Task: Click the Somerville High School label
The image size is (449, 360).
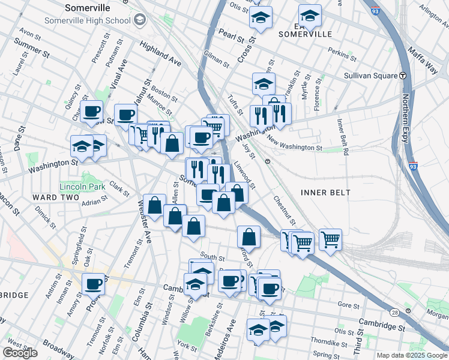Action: point(87,20)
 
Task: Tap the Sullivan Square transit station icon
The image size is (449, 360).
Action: point(403,76)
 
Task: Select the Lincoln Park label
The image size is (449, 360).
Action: point(82,187)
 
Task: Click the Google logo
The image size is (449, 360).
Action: point(20,353)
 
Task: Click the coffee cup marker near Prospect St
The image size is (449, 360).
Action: point(93,284)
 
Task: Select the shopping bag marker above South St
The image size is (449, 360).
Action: point(249,236)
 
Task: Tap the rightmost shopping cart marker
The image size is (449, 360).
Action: point(330,239)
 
